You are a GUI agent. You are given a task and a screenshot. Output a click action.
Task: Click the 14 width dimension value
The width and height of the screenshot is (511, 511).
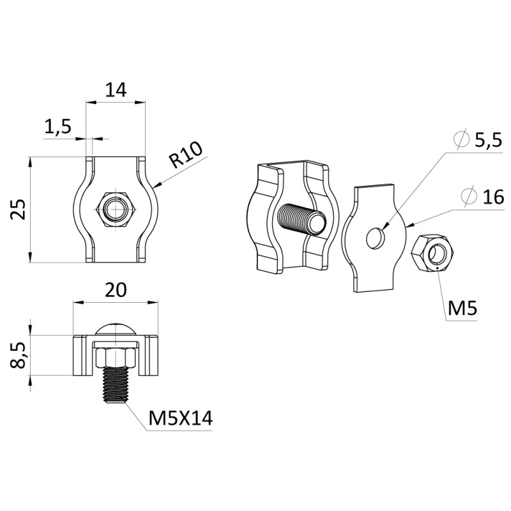116,90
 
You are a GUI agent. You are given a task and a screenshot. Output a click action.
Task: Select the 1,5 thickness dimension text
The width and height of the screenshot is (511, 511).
57,126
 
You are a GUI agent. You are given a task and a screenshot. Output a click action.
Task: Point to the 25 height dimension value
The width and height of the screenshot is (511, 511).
18,210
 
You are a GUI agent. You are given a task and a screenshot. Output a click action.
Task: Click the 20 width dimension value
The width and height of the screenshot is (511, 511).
116,290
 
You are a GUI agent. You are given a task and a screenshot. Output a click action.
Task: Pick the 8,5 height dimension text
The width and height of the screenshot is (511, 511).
18,355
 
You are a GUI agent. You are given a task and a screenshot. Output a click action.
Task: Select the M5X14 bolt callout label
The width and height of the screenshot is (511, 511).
180,418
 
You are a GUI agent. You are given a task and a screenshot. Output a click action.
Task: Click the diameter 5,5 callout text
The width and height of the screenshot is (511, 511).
478,141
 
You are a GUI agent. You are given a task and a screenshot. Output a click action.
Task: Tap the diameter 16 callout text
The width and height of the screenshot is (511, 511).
483,196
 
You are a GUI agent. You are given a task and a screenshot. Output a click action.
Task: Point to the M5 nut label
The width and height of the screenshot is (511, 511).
462,308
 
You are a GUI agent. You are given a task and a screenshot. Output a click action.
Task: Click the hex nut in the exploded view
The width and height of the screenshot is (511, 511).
432,252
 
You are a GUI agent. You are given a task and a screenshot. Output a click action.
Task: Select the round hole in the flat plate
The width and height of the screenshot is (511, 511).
376,237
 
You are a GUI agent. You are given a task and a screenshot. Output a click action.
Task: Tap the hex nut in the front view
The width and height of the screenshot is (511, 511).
116,210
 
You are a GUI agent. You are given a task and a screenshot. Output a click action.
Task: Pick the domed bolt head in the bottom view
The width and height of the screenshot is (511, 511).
116,329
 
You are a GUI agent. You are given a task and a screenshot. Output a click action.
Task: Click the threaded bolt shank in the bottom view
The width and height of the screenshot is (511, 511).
115,385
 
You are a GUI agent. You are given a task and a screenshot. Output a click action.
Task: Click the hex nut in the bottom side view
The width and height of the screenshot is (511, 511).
116,357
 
